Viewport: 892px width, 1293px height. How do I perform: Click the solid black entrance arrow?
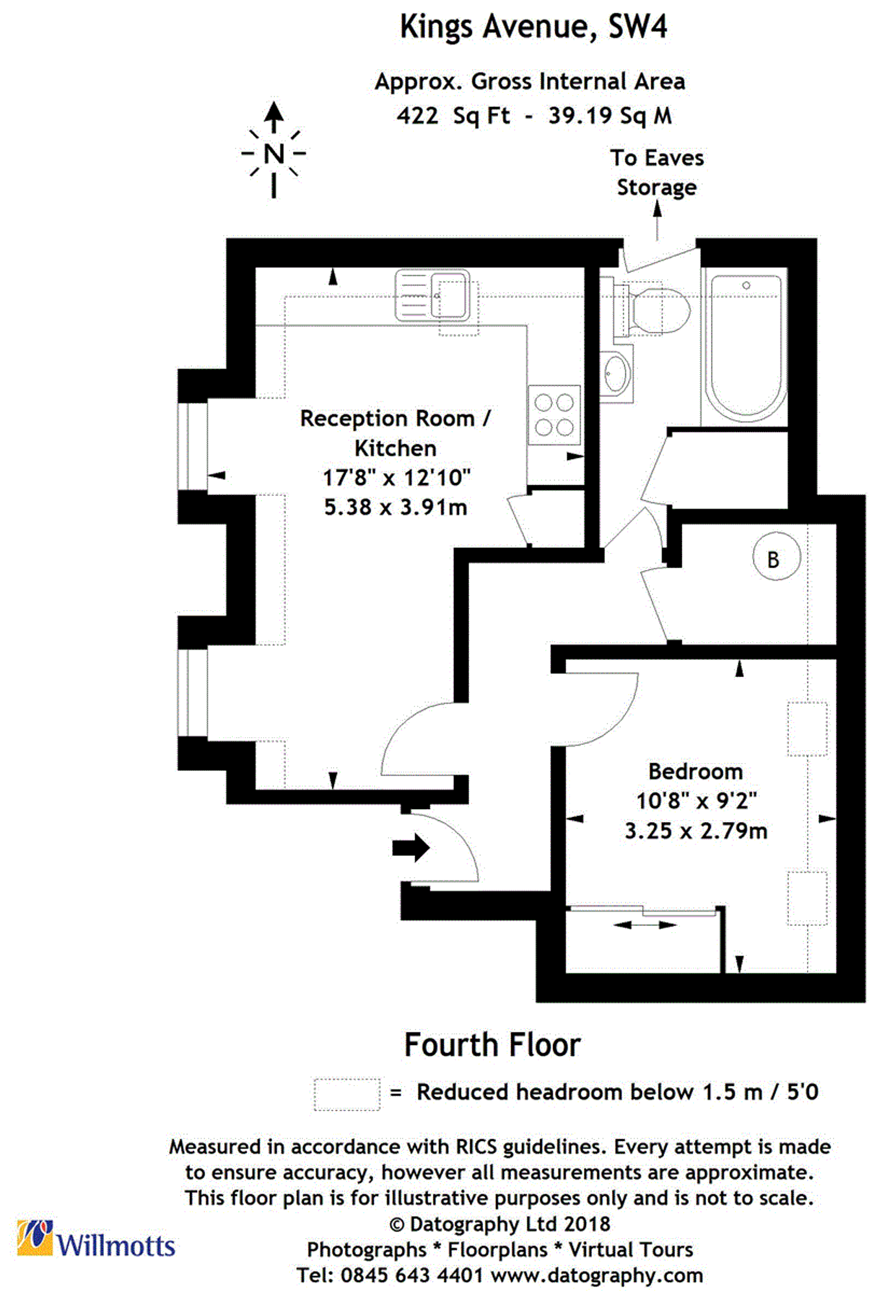410,848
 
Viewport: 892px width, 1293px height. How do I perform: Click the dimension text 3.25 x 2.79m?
695,831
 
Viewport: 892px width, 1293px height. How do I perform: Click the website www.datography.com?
596,1276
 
